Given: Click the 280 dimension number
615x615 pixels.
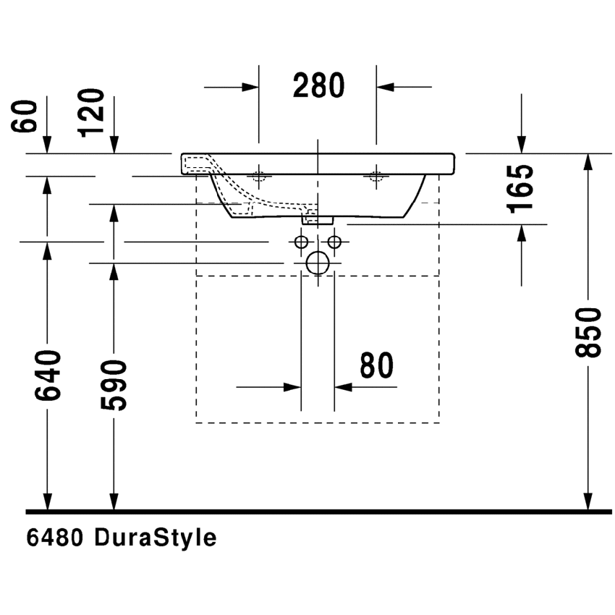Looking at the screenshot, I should tap(318, 86).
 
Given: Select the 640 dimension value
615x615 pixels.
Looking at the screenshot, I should tap(47, 376).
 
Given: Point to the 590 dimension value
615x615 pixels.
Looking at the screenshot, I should tap(114, 384).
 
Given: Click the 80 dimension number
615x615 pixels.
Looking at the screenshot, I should tap(376, 366).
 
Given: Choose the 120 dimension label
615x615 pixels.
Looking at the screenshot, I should tap(93, 112).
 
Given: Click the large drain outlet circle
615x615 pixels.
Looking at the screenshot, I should tap(318, 263).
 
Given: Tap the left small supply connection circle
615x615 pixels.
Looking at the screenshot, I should tap(302, 241).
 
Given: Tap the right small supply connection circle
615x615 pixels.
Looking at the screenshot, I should tap(334, 241).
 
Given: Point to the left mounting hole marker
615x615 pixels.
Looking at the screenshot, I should tap(259, 175).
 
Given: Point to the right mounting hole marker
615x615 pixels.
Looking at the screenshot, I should tap(376, 175).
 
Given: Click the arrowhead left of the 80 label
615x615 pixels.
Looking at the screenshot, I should tap(292, 386).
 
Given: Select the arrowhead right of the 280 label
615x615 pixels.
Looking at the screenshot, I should tap(385, 87).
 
